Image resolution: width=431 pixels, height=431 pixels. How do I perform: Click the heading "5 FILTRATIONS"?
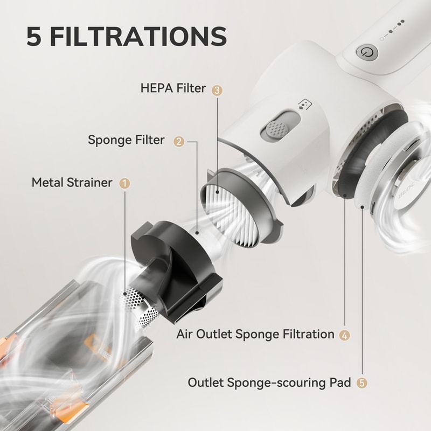coord(126,36)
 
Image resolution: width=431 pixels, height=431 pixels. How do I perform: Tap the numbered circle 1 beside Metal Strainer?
coord(124,183)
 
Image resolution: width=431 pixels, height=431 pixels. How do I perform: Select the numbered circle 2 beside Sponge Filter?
coord(178,141)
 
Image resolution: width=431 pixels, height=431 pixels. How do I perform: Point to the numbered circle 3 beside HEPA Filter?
coord(217,90)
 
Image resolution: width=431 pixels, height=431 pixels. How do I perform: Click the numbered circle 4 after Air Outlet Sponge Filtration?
coord(345,335)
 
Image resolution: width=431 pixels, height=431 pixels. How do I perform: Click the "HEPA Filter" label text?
coord(172,88)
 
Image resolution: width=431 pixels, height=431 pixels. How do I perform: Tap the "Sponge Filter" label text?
coord(127,140)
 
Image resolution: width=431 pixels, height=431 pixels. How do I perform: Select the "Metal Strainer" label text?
coord(72,182)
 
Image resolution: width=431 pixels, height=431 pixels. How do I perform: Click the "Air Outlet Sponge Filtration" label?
coord(255,334)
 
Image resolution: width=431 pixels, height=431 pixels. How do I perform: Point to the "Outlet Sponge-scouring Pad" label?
coord(269,383)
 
